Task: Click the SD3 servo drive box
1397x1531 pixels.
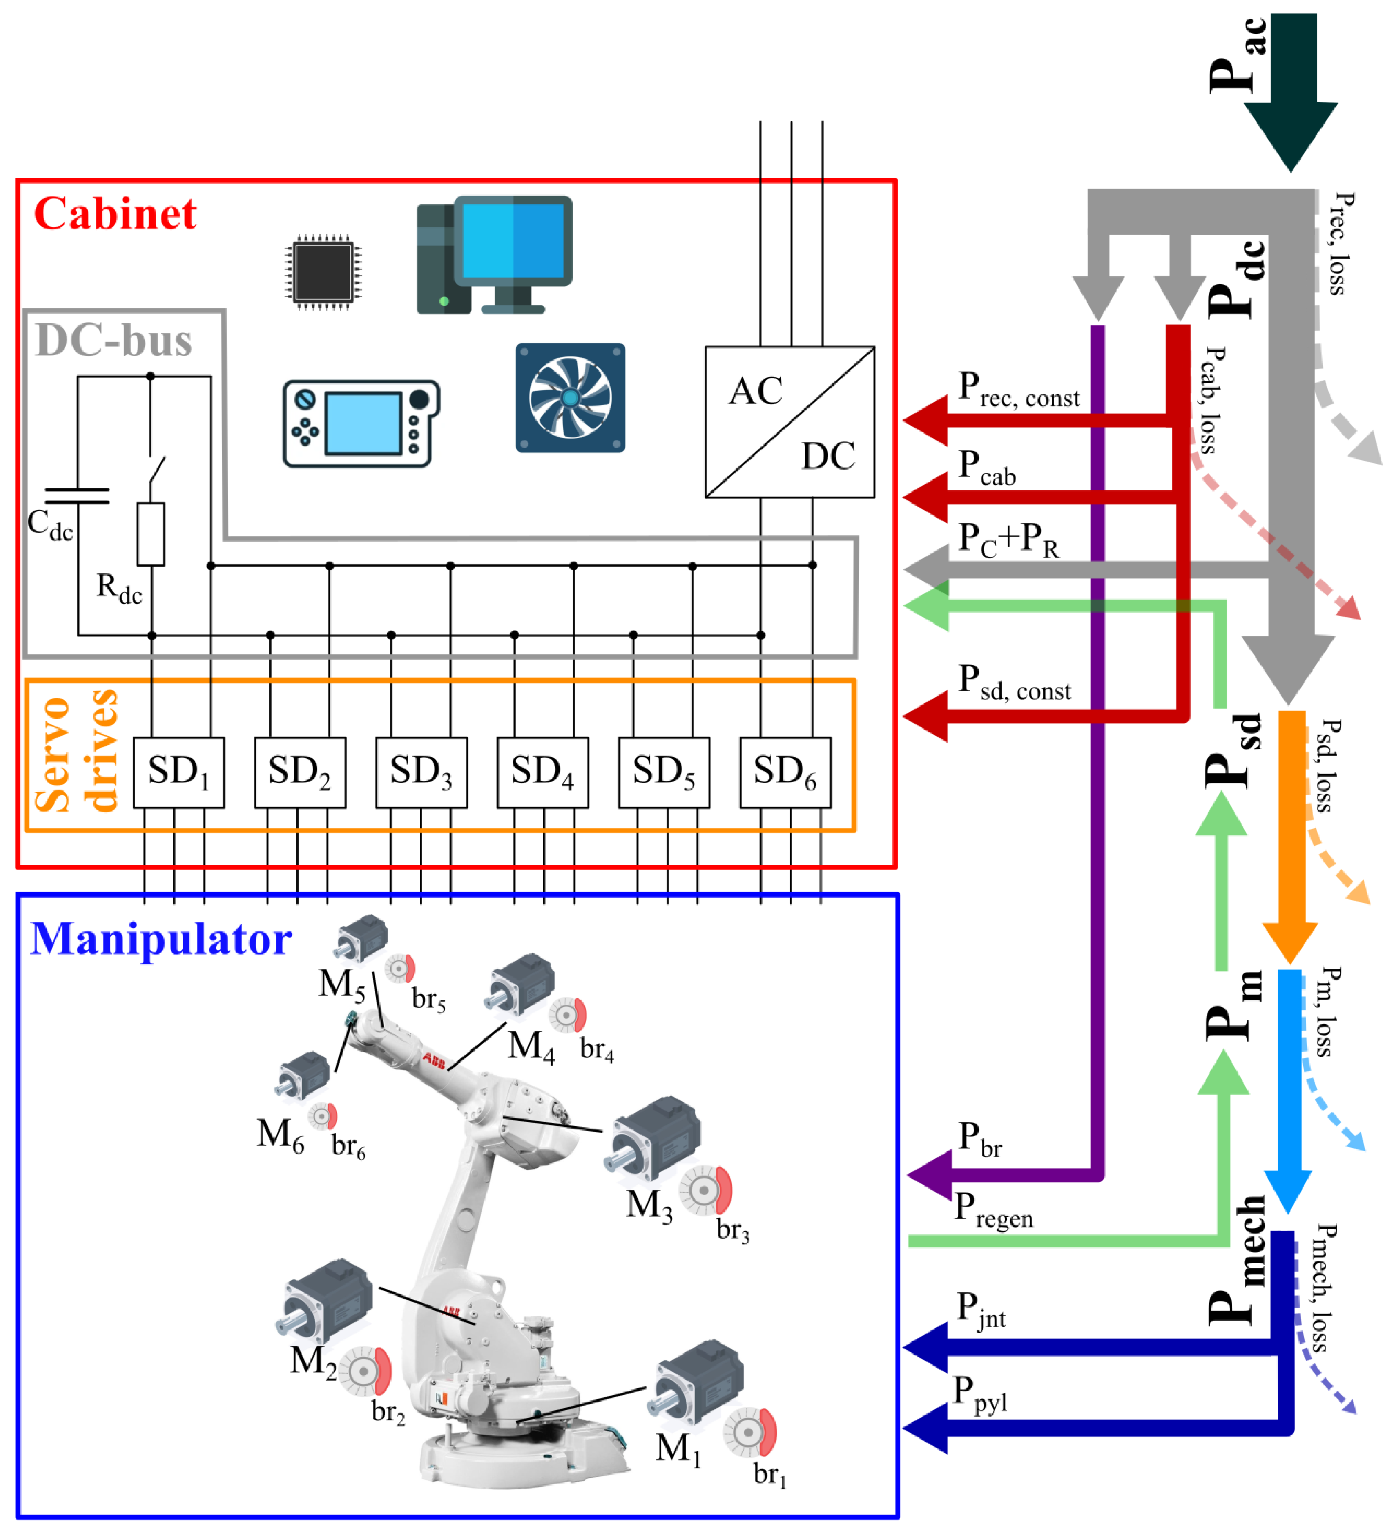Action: [x=421, y=772]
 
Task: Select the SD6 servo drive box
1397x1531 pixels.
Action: [x=785, y=772]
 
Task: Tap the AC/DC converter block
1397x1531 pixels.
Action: [x=790, y=422]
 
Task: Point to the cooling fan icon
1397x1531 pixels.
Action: [x=570, y=398]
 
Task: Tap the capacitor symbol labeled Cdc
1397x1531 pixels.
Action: [x=77, y=496]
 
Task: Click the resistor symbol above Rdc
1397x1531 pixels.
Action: [x=151, y=534]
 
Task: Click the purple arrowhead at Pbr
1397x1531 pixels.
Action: [x=930, y=1175]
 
